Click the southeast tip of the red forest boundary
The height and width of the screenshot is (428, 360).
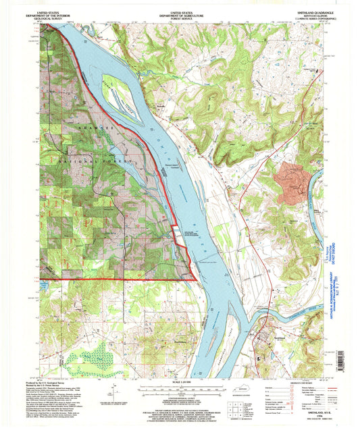tap(196, 277)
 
